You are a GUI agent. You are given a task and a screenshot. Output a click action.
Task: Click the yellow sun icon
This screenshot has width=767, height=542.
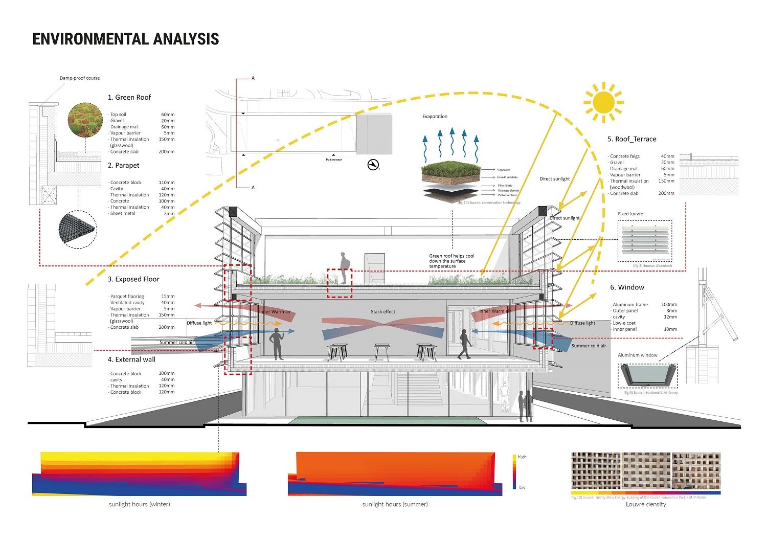tap(604, 102)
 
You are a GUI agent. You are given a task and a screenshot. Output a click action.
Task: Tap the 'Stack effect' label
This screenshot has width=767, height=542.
tap(383, 312)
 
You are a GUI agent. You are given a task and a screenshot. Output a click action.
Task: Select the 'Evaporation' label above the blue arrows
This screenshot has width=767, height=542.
tap(435, 117)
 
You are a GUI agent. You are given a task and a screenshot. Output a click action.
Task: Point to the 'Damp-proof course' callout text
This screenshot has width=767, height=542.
tap(80, 78)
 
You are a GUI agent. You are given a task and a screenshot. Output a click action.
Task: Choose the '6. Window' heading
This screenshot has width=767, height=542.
tap(627, 287)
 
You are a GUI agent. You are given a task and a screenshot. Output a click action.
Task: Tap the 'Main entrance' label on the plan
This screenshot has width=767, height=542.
tap(334, 160)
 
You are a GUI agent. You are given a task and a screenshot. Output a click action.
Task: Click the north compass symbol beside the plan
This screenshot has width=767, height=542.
tap(373, 165)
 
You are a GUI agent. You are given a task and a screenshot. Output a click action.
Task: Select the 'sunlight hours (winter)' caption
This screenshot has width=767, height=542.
tap(139, 504)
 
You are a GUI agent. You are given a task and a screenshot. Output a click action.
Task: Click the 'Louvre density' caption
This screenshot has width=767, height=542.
tap(646, 504)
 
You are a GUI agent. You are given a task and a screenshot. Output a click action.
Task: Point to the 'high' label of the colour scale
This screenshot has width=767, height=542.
tap(522, 457)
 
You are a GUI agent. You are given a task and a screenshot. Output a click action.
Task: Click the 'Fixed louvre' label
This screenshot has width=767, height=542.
tap(630, 214)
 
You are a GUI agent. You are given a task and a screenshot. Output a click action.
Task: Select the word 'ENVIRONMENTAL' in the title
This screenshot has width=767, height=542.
tap(83, 39)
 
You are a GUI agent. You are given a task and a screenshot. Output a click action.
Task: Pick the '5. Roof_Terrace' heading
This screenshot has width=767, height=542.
tap(631, 139)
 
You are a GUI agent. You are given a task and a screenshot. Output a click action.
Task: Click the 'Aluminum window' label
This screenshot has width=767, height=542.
tap(638, 355)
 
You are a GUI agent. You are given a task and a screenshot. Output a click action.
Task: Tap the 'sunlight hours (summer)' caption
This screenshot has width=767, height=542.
tap(395, 504)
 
